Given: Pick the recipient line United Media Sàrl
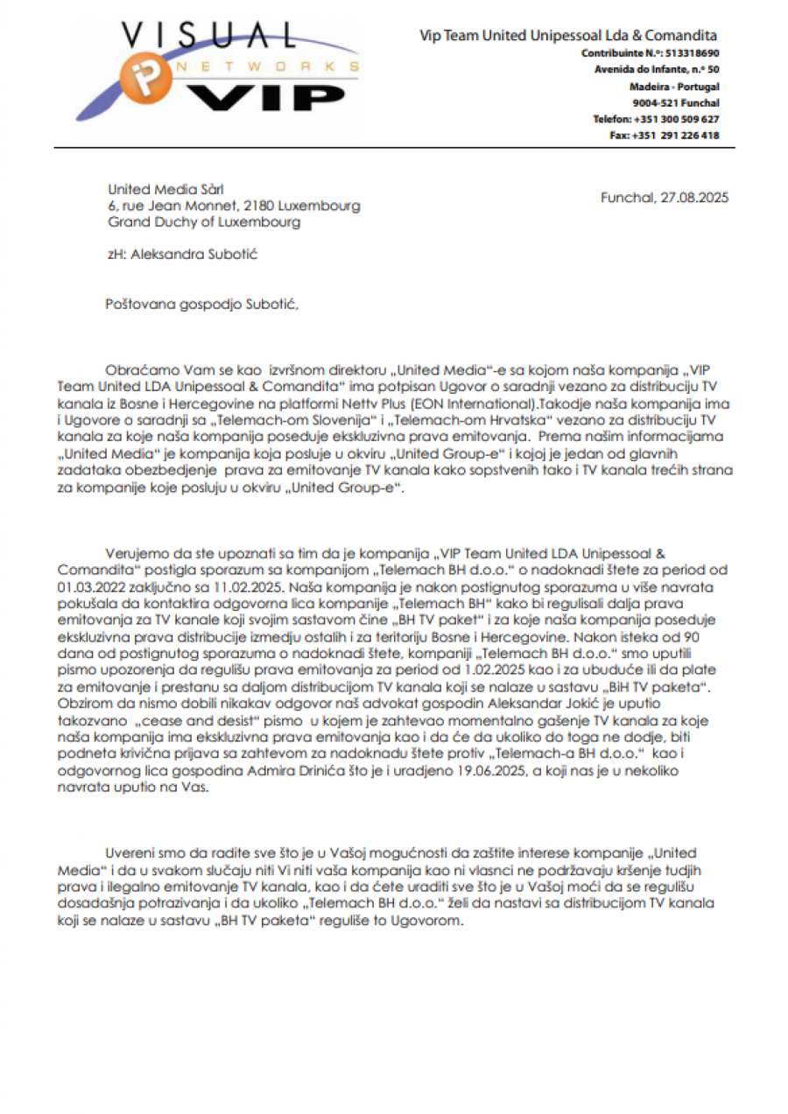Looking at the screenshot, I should pyautogui.click(x=165, y=189).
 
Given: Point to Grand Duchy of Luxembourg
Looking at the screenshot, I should pyautogui.click(x=204, y=222).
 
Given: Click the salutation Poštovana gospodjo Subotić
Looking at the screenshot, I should pyautogui.click(x=202, y=304).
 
